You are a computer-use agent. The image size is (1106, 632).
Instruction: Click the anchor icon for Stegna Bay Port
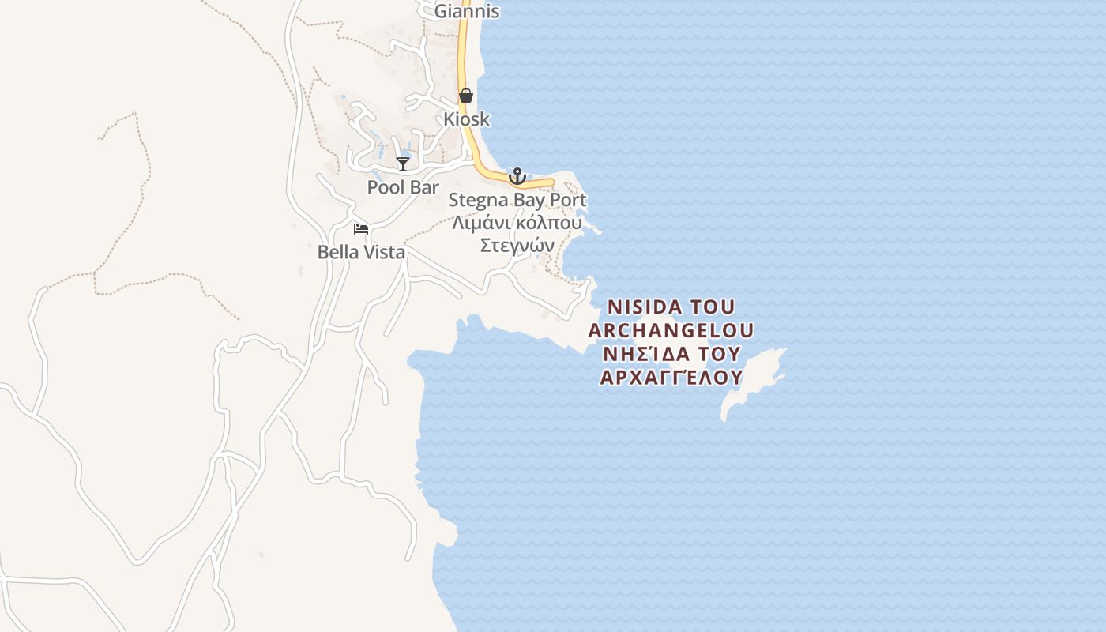pyautogui.click(x=517, y=175)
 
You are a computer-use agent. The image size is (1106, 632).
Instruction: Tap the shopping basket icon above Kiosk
pyautogui.click(x=466, y=96)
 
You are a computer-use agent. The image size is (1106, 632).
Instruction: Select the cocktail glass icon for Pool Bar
pyautogui.click(x=403, y=164)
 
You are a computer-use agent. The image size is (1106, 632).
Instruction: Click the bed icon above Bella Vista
pyautogui.click(x=361, y=229)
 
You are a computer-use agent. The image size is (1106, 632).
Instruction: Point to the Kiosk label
pyautogui.click(x=466, y=119)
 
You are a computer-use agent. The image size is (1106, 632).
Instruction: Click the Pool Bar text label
pyautogui.click(x=403, y=187)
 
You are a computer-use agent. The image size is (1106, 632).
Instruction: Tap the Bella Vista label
pyautogui.click(x=361, y=252)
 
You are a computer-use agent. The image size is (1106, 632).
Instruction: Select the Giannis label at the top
pyautogui.click(x=467, y=11)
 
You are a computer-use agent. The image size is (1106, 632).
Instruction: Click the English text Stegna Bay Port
pyautogui.click(x=517, y=200)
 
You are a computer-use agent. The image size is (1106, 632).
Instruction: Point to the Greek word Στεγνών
pyautogui.click(x=517, y=246)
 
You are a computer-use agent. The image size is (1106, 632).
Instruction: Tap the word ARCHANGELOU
pyautogui.click(x=671, y=329)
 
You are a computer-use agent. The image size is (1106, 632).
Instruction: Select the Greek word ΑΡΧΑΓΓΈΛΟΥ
pyautogui.click(x=671, y=377)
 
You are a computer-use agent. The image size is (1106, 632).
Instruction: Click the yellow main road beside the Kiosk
pyautogui.click(x=465, y=126)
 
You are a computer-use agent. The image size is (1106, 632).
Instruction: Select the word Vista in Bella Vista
pyautogui.click(x=382, y=252)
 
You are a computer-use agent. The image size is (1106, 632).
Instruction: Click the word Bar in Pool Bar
pyautogui.click(x=424, y=187)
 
